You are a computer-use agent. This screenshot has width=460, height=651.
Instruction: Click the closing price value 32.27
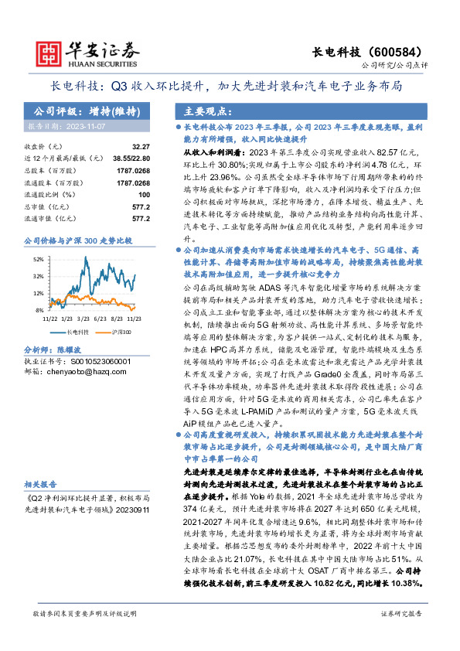pos(140,146)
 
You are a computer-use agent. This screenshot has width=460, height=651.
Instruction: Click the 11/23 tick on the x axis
pos(134,316)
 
